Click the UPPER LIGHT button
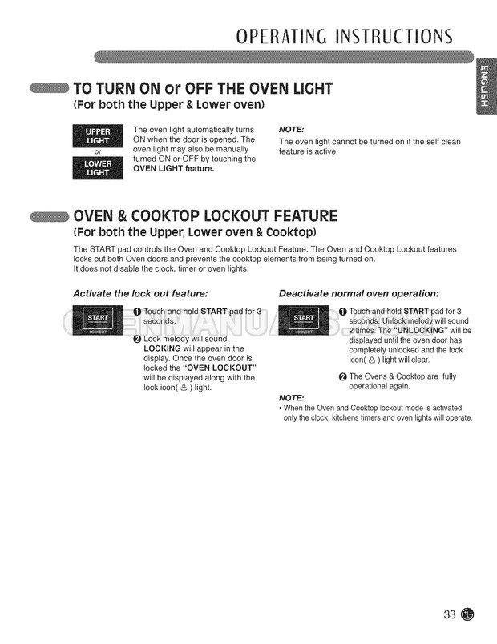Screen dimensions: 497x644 [x=98, y=136]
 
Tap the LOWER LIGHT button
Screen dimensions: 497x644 [x=98, y=168]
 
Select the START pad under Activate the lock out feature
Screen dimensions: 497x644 [x=98, y=320]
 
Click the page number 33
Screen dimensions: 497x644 [x=450, y=614]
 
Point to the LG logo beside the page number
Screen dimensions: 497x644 [x=467, y=614]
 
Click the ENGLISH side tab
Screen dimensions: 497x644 [x=485, y=86]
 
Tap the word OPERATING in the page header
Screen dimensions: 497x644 [x=281, y=37]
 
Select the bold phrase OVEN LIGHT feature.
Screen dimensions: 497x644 [x=173, y=169]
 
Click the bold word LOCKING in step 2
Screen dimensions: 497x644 [x=162, y=348]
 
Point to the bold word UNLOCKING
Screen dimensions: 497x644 [x=421, y=331]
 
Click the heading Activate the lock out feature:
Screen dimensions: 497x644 [x=140, y=294]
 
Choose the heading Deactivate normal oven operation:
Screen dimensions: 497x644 [x=359, y=294]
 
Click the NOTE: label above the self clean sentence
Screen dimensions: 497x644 [x=292, y=130]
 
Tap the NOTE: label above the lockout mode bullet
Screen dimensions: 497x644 [x=292, y=398]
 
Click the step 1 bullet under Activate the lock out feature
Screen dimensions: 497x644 [x=137, y=312]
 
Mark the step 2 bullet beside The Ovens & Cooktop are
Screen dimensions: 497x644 [x=343, y=376]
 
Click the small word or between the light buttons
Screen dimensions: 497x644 [x=98, y=152]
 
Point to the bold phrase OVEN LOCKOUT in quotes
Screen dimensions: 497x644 [x=219, y=368]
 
